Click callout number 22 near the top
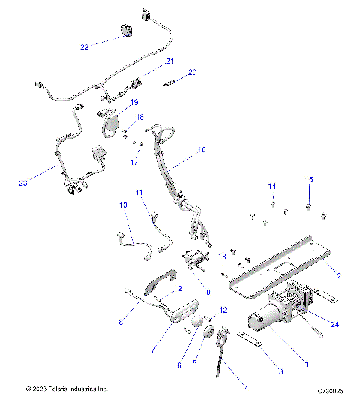[x=85, y=47]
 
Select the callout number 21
[x=169, y=61]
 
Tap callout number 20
[x=192, y=72]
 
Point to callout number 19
[x=134, y=102]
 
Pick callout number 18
[x=139, y=118]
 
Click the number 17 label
[x=134, y=162]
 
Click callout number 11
[x=139, y=193]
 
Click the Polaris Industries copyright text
[x=67, y=389]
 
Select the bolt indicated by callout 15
[x=308, y=205]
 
